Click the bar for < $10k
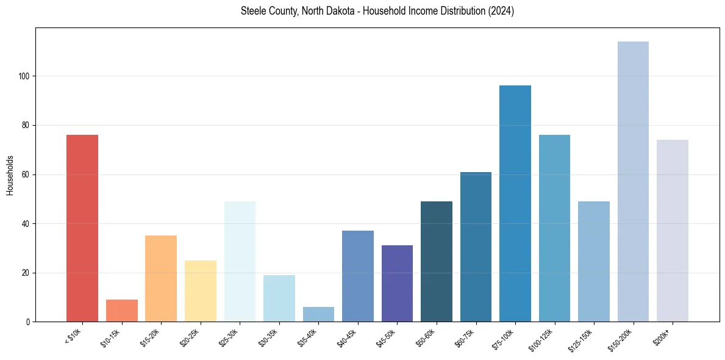tap(82, 228)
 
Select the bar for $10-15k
tap(121, 311)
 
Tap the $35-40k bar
tap(318, 314)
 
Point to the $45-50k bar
tap(397, 283)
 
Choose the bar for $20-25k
tap(201, 291)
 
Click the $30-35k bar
tap(279, 298)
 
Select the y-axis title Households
tap(10, 175)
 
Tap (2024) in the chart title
tap(501, 12)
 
